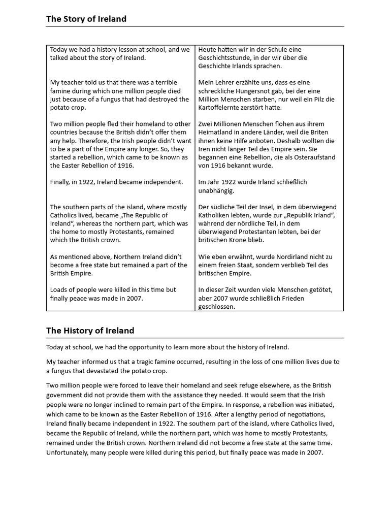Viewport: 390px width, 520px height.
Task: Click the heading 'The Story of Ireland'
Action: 86,19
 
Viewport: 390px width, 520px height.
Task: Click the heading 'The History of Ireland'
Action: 90,331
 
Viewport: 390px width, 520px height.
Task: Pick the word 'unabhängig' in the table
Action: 216,190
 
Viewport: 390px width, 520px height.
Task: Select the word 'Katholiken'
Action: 215,215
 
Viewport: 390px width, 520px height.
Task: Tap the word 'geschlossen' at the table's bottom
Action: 217,307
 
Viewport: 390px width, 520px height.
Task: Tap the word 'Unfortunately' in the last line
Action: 68,452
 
